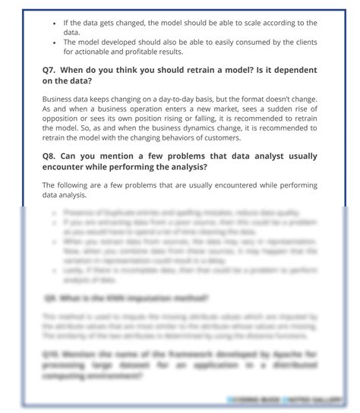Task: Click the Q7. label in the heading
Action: (x=51, y=70)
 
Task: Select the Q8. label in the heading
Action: (x=51, y=156)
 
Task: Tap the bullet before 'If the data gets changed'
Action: (x=54, y=24)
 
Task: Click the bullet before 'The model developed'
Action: (x=54, y=43)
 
